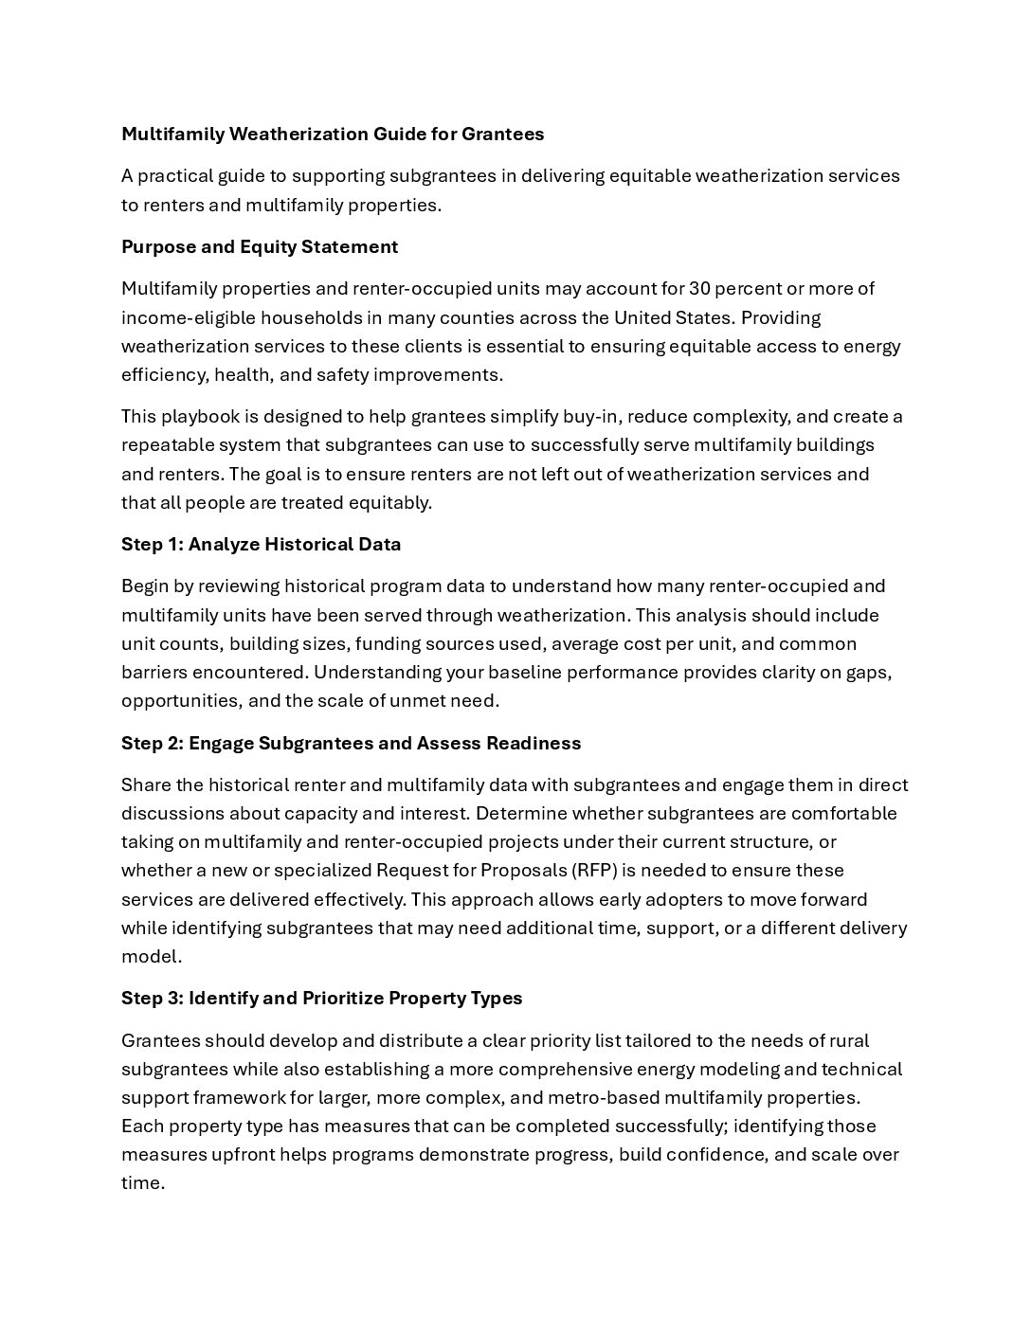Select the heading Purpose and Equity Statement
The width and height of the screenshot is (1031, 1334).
[260, 246]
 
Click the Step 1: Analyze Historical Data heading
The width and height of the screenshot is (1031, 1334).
[261, 544]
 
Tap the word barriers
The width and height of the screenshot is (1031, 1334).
[154, 672]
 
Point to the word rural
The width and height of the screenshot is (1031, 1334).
[848, 1040]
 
